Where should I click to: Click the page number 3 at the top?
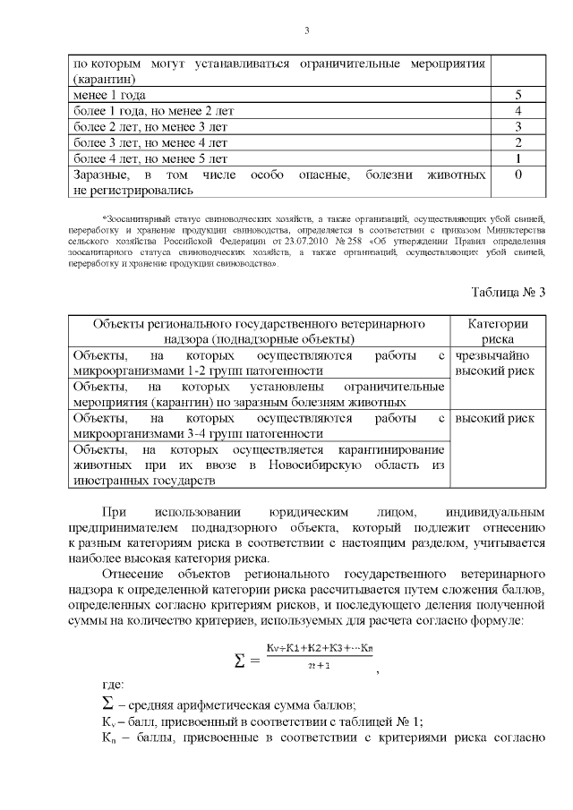click(x=305, y=31)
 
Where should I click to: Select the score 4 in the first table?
click(x=518, y=111)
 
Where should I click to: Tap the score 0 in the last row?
click(x=518, y=175)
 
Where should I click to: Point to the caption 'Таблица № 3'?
click(x=508, y=292)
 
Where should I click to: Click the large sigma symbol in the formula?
click(x=241, y=661)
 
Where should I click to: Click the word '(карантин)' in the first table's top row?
click(x=102, y=79)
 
